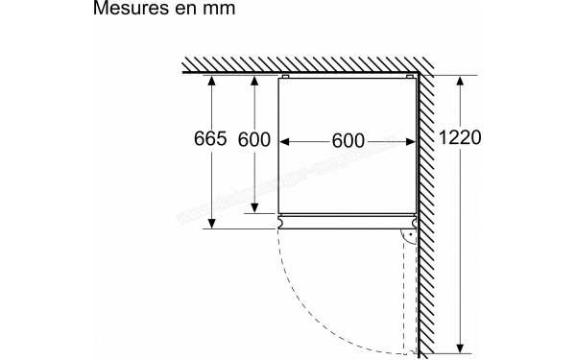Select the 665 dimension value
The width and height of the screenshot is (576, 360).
pos(209,139)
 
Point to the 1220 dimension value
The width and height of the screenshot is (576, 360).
pos(462,138)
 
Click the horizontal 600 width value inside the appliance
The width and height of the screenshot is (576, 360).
pos(348,140)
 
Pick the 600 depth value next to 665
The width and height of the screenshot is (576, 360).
pos(254,139)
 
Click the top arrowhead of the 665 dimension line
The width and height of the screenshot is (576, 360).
pos(209,82)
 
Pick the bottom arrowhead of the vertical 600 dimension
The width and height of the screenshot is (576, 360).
pos(253,209)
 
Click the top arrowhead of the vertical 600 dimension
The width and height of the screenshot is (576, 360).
pos(253,82)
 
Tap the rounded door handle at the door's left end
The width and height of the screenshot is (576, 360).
pos(279,223)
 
